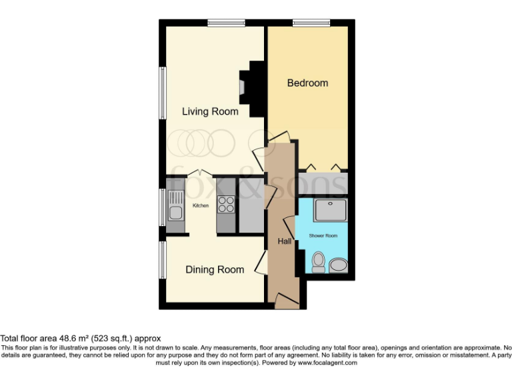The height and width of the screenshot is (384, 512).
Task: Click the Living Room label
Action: (210, 111)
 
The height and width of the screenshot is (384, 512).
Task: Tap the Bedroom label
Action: (307, 83)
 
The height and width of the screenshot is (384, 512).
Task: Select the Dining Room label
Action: (214, 269)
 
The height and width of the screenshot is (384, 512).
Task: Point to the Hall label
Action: (285, 241)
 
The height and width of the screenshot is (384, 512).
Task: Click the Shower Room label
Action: (323, 236)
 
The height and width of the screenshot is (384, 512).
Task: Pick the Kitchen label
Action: (201, 205)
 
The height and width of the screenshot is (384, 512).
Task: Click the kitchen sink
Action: (176, 206)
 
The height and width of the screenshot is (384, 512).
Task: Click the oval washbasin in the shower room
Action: (338, 266)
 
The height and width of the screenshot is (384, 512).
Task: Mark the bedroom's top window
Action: (307, 24)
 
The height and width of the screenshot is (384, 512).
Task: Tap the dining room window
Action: (162, 259)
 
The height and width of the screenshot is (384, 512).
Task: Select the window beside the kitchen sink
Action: (162, 207)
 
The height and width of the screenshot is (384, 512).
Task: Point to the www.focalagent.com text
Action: (327, 363)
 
